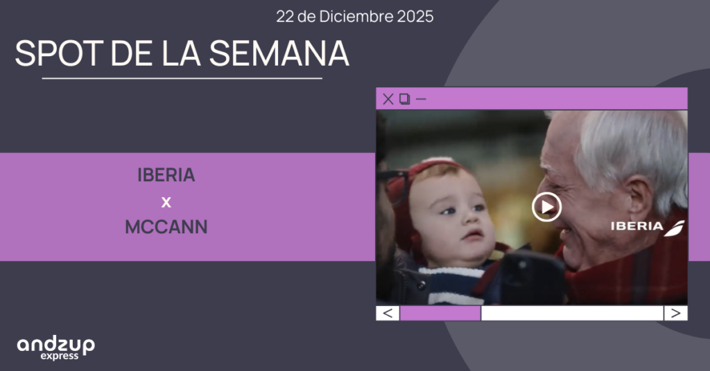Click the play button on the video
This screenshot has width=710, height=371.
click(546, 207)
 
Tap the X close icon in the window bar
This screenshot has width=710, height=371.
click(388, 99)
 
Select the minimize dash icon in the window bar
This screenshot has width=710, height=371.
click(421, 99)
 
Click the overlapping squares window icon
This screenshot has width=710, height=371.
click(404, 99)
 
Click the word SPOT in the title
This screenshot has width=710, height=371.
click(60, 53)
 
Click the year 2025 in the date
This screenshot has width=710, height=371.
click(415, 17)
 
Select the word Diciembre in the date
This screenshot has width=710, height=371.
click(356, 17)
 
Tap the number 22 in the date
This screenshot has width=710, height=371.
click(285, 17)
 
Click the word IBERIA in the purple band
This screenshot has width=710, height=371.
click(166, 175)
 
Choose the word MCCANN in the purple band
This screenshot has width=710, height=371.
click(166, 227)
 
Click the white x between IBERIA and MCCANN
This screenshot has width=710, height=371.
click(166, 202)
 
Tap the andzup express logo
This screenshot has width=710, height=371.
click(55, 348)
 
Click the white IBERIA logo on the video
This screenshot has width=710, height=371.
click(648, 227)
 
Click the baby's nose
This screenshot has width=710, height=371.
click(471, 219)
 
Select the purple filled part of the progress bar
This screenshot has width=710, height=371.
click(440, 313)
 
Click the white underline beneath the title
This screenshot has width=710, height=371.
click(182, 79)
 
